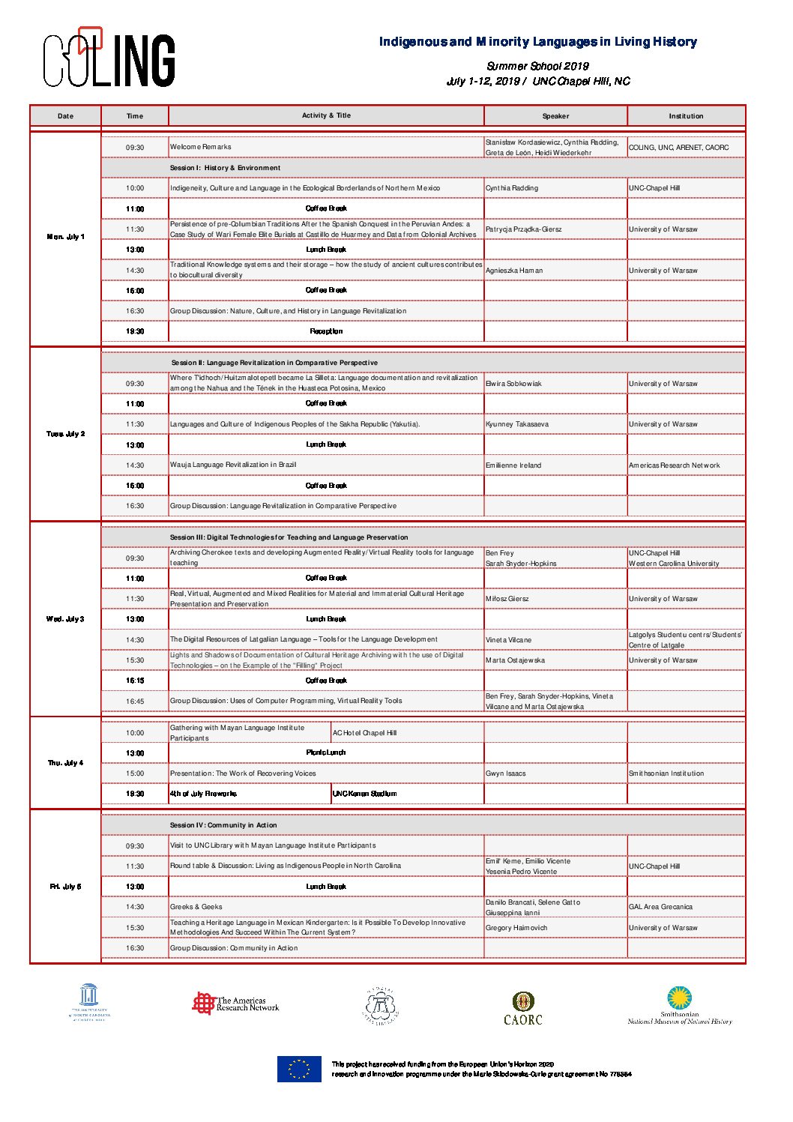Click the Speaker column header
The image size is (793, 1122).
pyautogui.click(x=555, y=116)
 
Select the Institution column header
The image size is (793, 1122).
pyautogui.click(x=686, y=116)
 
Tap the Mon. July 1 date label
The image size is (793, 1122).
pyautogui.click(x=66, y=237)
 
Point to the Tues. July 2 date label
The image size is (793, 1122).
pyautogui.click(x=66, y=434)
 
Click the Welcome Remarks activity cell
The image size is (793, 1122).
pyautogui.click(x=201, y=147)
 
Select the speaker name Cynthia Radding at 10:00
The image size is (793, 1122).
pyautogui.click(x=512, y=188)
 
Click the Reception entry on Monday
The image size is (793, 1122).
pyautogui.click(x=326, y=331)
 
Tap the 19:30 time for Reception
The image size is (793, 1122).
pyautogui.click(x=135, y=331)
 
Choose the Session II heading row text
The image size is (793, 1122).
pyautogui.click(x=274, y=363)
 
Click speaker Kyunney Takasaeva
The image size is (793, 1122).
pyautogui.click(x=517, y=424)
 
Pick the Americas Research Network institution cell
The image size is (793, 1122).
pyautogui.click(x=674, y=465)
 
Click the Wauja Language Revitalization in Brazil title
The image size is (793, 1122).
pyautogui.click(x=233, y=465)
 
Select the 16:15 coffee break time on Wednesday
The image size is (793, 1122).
pyautogui.click(x=135, y=681)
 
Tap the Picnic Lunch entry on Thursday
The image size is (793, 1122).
pyautogui.click(x=326, y=752)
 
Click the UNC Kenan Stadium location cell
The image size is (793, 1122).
pyautogui.click(x=365, y=794)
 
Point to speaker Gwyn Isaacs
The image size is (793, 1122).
pyautogui.click(x=506, y=773)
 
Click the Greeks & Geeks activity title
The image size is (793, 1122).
pyautogui.click(x=196, y=907)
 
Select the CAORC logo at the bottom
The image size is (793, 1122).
pyautogui.click(x=522, y=1008)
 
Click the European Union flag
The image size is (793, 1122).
pyautogui.click(x=299, y=1069)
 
